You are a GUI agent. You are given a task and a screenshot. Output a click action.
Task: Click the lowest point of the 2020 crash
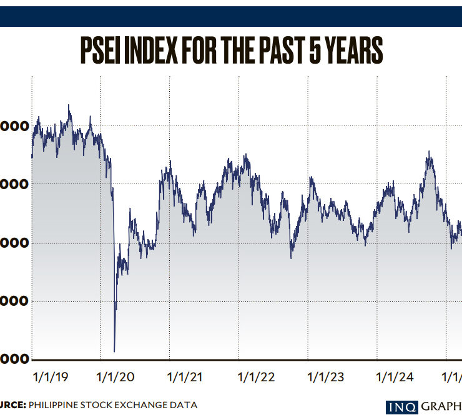114,351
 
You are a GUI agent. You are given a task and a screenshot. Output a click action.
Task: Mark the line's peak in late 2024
429,152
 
